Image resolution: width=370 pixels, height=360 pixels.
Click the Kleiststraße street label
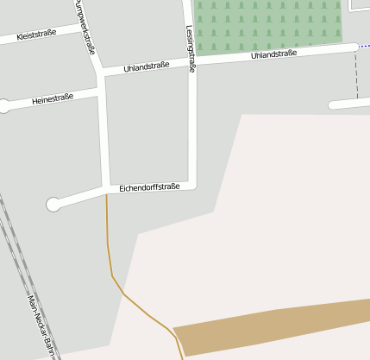pos(36,35)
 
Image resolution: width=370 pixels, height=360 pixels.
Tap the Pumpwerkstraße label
pos(85,27)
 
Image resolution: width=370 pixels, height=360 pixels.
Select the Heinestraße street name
pos(53,100)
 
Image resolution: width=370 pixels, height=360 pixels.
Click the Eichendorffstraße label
pos(149,186)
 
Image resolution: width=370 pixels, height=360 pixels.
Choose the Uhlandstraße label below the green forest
pos(273,54)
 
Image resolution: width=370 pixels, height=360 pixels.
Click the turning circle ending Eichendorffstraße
pos(54,205)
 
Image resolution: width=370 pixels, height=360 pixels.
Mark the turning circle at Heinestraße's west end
pos(3,106)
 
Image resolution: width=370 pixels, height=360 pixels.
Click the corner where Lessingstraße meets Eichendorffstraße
pos(193,184)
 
